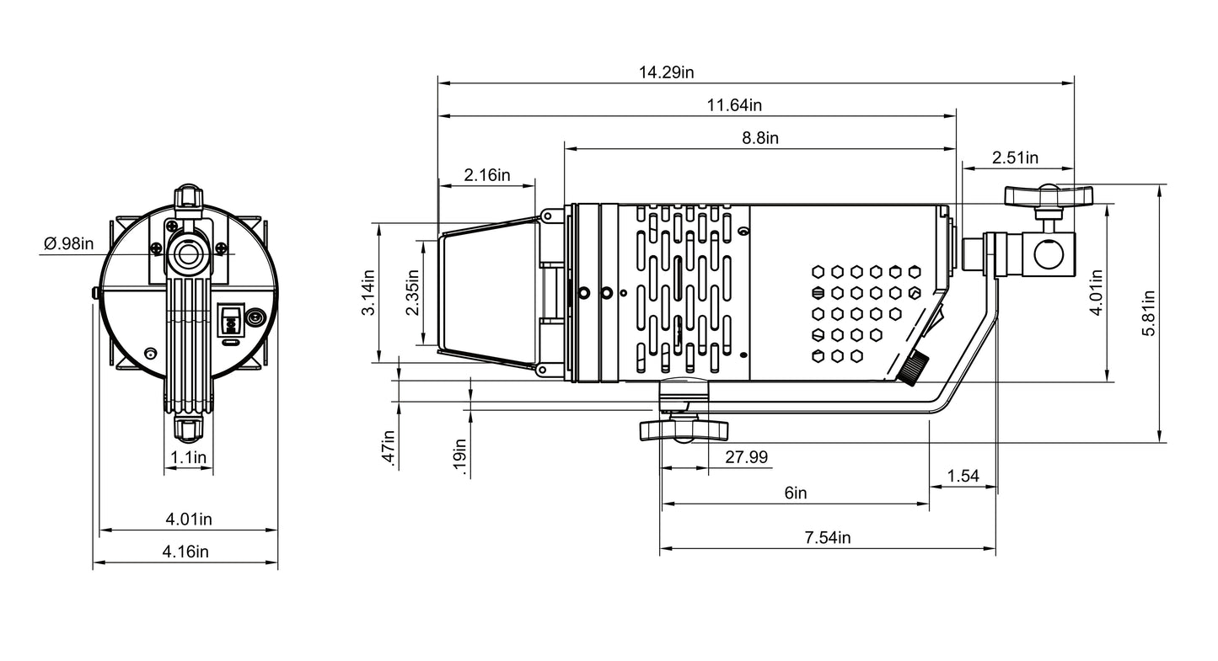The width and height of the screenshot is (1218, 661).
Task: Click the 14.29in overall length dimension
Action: (666, 72)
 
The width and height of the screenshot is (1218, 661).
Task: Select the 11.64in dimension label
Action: (734, 104)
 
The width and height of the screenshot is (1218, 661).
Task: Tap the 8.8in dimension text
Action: (760, 138)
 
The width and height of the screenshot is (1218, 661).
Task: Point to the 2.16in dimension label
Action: (487, 175)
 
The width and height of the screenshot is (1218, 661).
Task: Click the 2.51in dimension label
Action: (1015, 157)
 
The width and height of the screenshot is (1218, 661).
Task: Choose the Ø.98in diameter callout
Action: (68, 243)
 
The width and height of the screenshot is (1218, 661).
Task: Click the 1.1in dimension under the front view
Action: (189, 457)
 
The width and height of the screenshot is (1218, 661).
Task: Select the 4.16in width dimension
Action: (185, 552)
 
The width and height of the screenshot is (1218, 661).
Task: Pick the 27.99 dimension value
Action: (746, 457)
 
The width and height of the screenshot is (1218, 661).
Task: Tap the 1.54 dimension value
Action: (963, 476)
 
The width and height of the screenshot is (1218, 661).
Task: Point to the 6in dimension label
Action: (796, 493)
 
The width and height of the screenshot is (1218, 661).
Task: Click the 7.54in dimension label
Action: (828, 537)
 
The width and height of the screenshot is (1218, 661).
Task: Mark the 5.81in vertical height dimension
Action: (1148, 313)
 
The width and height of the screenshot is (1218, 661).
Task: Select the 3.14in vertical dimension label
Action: (368, 293)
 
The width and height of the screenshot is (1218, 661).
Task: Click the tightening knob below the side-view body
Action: (684, 429)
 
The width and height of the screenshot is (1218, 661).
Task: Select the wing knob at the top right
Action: (1049, 195)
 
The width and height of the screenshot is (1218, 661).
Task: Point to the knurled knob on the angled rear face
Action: (913, 368)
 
